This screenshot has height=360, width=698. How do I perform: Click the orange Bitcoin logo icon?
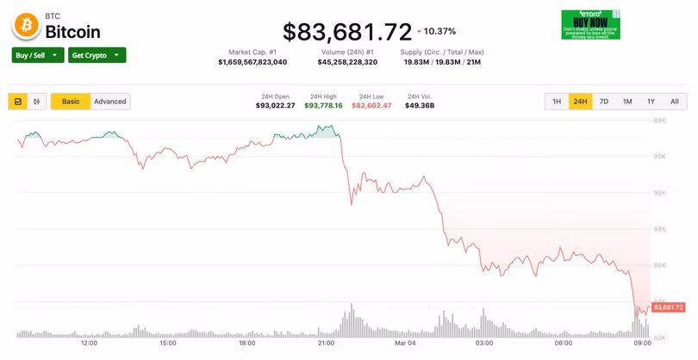pyautogui.click(x=26, y=27)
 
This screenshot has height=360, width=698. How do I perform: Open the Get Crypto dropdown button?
pyautogui.click(x=97, y=55)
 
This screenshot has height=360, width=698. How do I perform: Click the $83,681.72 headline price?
pyautogui.click(x=347, y=32)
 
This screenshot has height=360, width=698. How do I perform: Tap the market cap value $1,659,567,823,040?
pyautogui.click(x=252, y=62)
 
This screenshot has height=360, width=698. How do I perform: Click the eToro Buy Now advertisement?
pyautogui.click(x=590, y=24)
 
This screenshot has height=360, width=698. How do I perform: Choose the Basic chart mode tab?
pyautogui.click(x=71, y=102)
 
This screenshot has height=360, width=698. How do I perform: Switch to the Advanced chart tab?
pyautogui.click(x=110, y=102)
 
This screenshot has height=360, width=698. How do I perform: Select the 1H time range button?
pyautogui.click(x=557, y=102)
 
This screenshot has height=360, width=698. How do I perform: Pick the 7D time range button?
pyautogui.click(x=604, y=102)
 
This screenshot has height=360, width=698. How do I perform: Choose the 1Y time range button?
pyautogui.click(x=651, y=102)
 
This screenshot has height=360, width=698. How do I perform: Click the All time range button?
pyautogui.click(x=675, y=102)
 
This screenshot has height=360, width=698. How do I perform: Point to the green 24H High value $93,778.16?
pyautogui.click(x=323, y=105)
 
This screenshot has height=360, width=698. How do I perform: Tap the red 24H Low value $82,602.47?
pyautogui.click(x=372, y=105)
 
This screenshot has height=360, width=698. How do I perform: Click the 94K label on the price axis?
pyautogui.click(x=659, y=120)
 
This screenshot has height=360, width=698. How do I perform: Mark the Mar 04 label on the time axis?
pyautogui.click(x=404, y=343)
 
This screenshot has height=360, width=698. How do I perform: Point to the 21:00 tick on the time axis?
pyautogui.click(x=327, y=343)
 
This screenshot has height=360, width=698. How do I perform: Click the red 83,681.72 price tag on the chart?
pyautogui.click(x=669, y=307)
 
